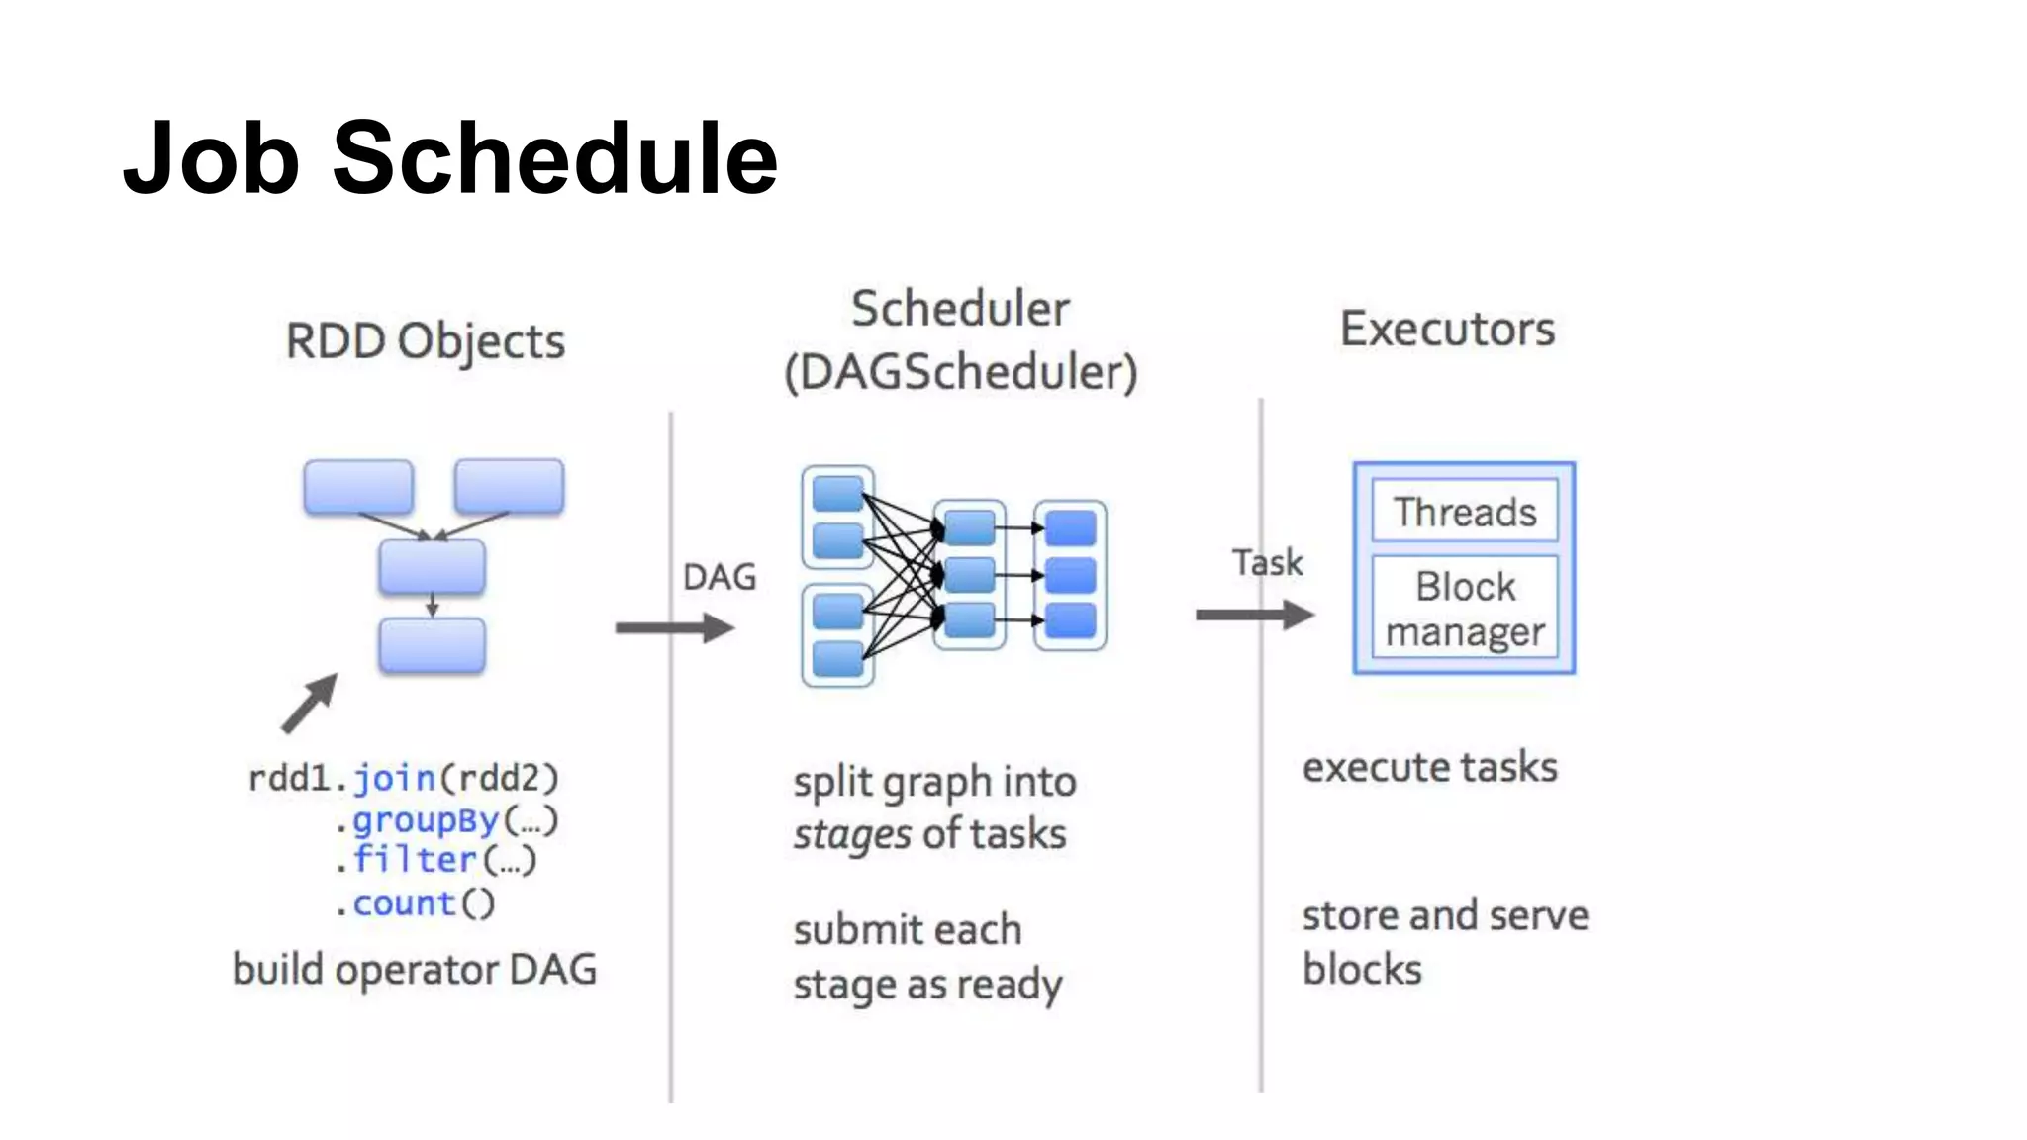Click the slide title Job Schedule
click(x=450, y=158)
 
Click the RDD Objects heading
click(x=426, y=341)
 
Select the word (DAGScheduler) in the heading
click(x=960, y=373)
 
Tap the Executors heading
click(x=1447, y=329)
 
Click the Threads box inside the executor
click(x=1465, y=512)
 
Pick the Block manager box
click(x=1465, y=608)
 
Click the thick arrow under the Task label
click(x=1255, y=615)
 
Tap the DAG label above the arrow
click(x=720, y=577)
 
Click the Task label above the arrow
click(x=1267, y=562)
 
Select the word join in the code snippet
click(x=394, y=778)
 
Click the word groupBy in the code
click(x=426, y=819)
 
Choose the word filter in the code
click(x=416, y=860)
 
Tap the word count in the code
click(x=404, y=902)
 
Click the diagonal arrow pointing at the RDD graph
click(x=310, y=704)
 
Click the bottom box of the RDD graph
click(x=433, y=646)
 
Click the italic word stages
click(x=852, y=834)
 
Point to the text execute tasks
click(x=1429, y=768)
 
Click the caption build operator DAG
click(x=415, y=969)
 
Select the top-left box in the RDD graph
click(x=358, y=486)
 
